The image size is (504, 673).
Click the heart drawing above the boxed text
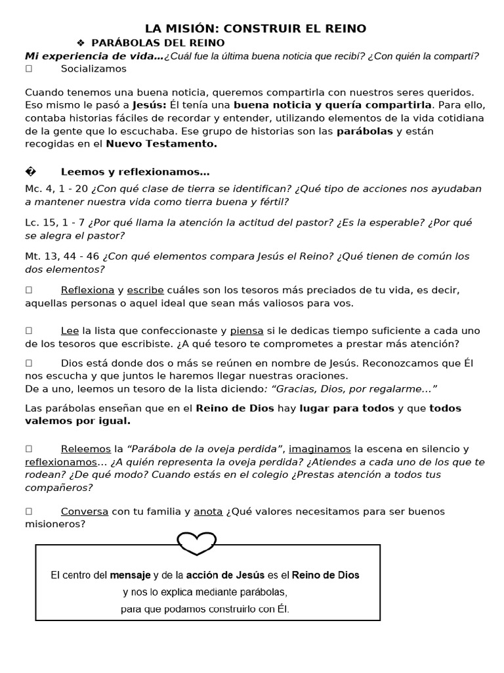pos(198,543)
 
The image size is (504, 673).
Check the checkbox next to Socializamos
pos(29,68)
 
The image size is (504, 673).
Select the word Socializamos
pos(94,68)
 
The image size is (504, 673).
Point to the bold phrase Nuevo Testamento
pos(161,143)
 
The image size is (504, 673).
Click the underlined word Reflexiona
pos(87,290)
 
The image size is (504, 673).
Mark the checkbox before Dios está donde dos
pos(29,363)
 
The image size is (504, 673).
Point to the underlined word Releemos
pos(85,449)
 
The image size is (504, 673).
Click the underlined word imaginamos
pos(320,449)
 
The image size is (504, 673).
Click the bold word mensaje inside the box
pos(130,575)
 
